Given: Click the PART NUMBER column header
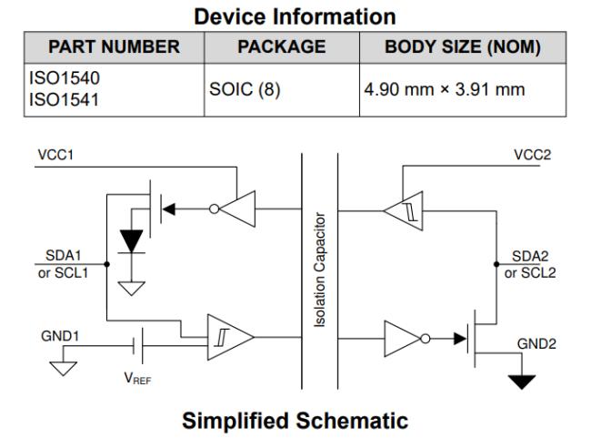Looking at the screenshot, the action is click(x=114, y=46).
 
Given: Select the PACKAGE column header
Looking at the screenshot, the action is click(x=282, y=46).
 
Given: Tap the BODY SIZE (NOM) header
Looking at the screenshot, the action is click(x=463, y=47).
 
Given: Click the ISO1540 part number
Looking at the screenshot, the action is click(x=64, y=78).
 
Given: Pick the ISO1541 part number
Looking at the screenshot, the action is click(x=64, y=99).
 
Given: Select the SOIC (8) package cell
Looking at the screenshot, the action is click(x=245, y=89).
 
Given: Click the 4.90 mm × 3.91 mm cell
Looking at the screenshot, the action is click(x=445, y=89).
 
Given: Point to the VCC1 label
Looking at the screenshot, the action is click(x=55, y=155).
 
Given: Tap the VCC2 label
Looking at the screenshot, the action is click(x=532, y=155).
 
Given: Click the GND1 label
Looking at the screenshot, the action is click(x=60, y=336).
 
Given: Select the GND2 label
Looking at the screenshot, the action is click(x=536, y=343).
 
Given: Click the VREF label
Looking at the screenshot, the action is click(x=137, y=378).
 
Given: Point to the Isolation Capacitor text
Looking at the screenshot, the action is click(x=320, y=270).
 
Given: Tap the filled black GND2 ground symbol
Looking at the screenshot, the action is click(x=522, y=382).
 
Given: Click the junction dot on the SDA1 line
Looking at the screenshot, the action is click(x=107, y=264).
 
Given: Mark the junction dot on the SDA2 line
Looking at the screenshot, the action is click(x=496, y=264).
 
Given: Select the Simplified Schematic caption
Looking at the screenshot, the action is click(x=295, y=421).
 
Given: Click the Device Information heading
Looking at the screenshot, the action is click(x=295, y=16).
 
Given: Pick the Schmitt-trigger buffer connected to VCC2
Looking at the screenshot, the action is click(x=404, y=210).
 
